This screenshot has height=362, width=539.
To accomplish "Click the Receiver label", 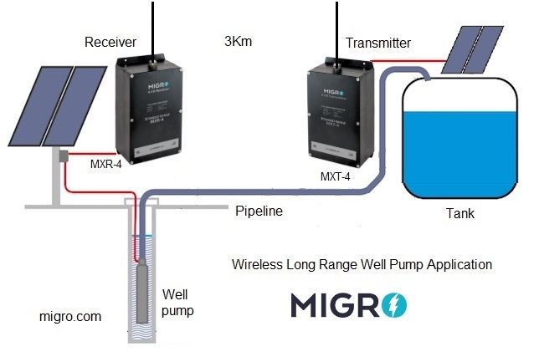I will click(111, 41).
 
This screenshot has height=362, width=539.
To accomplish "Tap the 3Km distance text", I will click(239, 41).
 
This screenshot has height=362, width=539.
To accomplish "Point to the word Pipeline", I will click(259, 212).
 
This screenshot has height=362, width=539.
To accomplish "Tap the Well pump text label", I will click(177, 303).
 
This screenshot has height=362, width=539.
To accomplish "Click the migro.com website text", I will click(70, 317).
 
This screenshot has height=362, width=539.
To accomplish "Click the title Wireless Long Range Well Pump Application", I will click(361, 265).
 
